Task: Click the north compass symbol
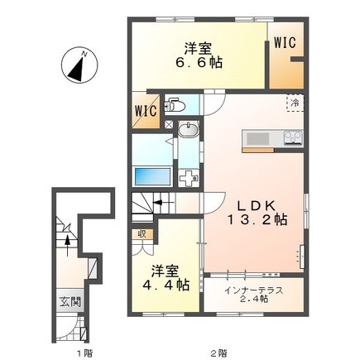(79, 66)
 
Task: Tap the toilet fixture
(175, 104)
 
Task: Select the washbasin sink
(189, 130)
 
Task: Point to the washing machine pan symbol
(189, 178)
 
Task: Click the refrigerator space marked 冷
(295, 103)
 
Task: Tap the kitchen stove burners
(294, 137)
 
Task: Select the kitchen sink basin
(257, 139)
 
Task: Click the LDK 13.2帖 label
(257, 213)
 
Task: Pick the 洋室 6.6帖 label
(199, 55)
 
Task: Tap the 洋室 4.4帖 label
(166, 278)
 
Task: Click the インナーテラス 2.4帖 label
(253, 295)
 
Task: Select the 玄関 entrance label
(70, 302)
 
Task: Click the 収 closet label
(142, 234)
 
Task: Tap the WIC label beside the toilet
(146, 111)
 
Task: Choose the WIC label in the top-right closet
(285, 43)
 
